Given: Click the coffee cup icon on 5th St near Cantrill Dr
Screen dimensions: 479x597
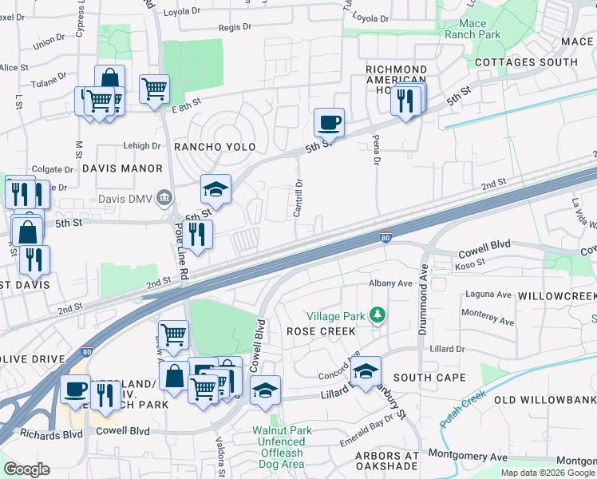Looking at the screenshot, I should tap(329, 123).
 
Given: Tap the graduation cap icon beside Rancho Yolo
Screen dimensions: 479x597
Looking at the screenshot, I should tap(215, 189).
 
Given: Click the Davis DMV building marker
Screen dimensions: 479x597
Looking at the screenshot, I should tap(164, 197).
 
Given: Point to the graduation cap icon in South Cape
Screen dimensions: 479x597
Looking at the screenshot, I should tap(366, 371).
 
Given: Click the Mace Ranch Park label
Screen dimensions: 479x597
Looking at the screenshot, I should tap(473, 29).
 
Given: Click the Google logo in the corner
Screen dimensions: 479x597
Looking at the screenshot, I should tap(26, 469).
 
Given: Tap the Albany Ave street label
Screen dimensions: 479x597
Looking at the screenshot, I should tap(389, 283).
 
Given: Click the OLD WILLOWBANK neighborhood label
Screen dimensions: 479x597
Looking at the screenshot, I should tap(545, 399).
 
